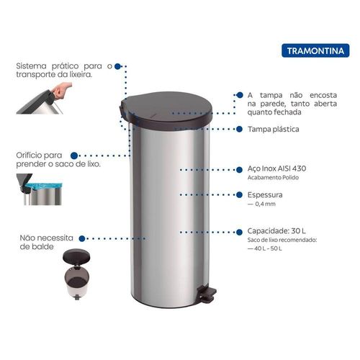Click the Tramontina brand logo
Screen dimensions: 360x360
coord(315,50)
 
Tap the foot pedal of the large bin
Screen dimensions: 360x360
coord(207,293)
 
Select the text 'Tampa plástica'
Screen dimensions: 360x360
coord(274,130)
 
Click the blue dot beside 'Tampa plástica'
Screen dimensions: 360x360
coord(239,129)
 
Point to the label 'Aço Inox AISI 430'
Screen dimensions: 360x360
coord(276,168)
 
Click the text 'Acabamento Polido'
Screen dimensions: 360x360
coord(273,178)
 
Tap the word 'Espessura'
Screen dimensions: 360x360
coord(265,195)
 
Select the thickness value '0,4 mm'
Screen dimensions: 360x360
coord(265,204)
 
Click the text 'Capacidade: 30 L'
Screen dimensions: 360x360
coord(276,231)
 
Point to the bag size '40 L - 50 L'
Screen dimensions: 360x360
coord(268,248)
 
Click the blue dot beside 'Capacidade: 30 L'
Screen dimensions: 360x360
coord(239,232)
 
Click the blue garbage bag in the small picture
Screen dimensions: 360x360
coord(44,186)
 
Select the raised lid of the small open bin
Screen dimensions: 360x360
coord(76,256)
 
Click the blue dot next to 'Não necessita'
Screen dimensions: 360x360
coord(82,238)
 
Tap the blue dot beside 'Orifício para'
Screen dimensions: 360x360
coord(74,156)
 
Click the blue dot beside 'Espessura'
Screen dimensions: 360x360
coord(239,194)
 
